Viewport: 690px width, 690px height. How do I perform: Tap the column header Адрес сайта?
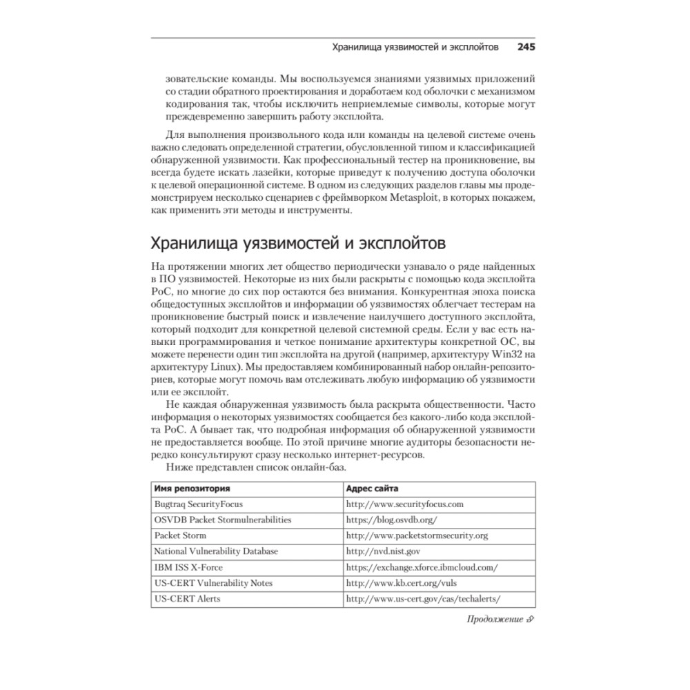pos(372,488)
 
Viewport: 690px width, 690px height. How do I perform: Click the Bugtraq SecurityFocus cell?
pos(198,504)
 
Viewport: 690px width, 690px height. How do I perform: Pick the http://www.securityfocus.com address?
pos(404,504)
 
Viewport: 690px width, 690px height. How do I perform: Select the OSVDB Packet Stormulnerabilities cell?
pos(222,520)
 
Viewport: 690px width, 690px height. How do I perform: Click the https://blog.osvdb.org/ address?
pos(392,520)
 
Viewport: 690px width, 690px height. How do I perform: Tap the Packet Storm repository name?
pos(180,535)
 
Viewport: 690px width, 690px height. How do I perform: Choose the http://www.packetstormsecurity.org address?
pos(417,535)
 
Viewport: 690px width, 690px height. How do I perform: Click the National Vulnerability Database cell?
pos(216,551)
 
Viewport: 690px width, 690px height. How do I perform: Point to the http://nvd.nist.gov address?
pos(383,551)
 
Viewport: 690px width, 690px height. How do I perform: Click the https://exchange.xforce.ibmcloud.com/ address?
pos(422,567)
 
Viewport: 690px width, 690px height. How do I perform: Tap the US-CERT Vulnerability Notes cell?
pos(213,583)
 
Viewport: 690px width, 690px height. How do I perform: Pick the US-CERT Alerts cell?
pos(187,599)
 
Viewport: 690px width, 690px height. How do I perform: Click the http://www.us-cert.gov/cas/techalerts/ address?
pos(422,599)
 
